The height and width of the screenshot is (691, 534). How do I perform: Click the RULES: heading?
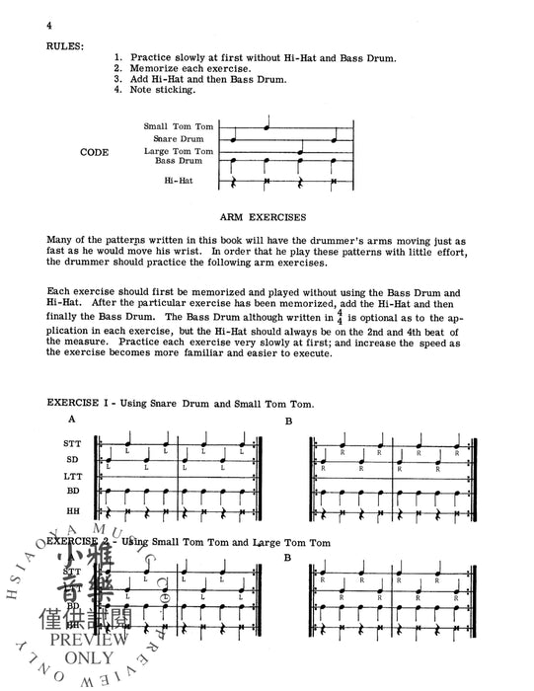66,44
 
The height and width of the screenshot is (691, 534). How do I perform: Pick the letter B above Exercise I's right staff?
289,422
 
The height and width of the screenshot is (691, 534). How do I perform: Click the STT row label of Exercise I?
72,445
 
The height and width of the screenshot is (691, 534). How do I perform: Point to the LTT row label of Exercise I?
72,474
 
